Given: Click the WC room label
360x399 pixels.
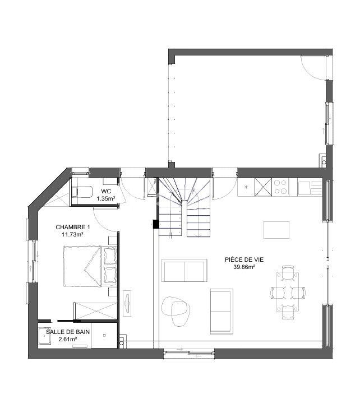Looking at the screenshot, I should point(105,191).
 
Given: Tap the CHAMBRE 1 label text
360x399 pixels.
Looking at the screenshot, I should point(72,227).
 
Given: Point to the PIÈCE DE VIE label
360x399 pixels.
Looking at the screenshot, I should point(240,259).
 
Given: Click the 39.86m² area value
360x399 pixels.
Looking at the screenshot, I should point(240,267).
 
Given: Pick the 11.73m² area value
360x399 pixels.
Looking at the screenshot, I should point(72,235).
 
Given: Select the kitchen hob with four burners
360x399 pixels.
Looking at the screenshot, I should point(280,187).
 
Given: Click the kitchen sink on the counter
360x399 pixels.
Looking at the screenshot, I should point(304,187).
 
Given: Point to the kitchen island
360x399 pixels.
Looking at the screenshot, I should point(276,230).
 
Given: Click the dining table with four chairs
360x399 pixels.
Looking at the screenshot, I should point(287,291).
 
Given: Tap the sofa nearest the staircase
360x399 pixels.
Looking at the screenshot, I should point(184,270).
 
